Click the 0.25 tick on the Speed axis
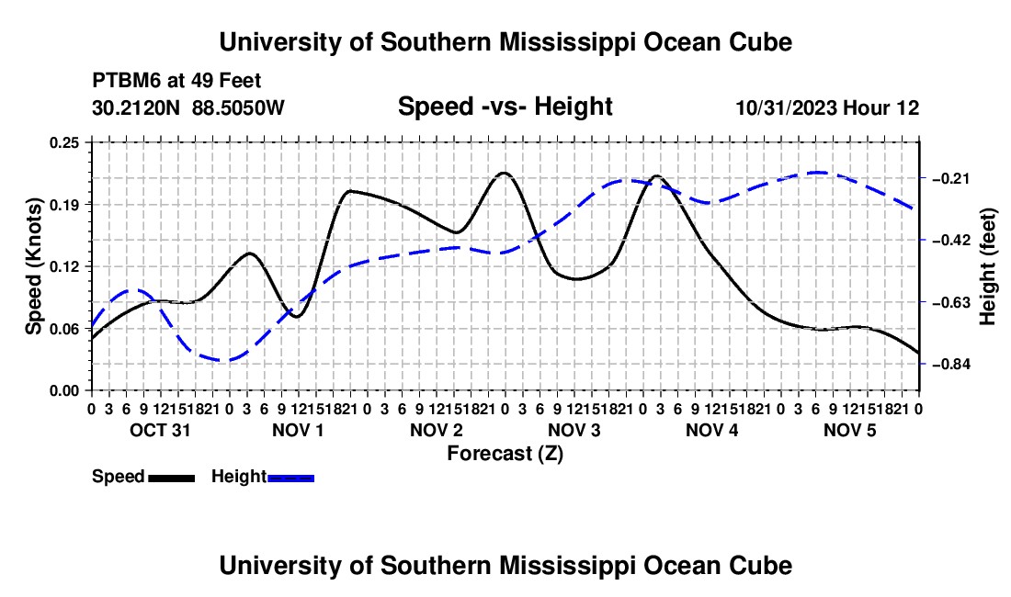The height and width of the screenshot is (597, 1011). [x=63, y=142]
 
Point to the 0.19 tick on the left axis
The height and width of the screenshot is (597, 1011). [x=63, y=205]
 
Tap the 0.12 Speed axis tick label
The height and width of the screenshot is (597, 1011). [x=63, y=266]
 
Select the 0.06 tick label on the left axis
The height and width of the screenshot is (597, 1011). [x=63, y=329]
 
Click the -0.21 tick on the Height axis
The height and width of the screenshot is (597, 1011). [x=951, y=178]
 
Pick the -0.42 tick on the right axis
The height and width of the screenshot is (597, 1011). [x=951, y=241]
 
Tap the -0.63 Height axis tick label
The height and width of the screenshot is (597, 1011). [x=951, y=302]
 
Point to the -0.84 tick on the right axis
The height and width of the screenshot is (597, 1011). [x=951, y=365]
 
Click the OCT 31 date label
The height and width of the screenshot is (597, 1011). [x=161, y=430]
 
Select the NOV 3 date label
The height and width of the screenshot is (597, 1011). [x=574, y=430]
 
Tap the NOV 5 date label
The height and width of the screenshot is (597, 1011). [x=850, y=430]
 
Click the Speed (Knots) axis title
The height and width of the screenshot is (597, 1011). [x=34, y=266]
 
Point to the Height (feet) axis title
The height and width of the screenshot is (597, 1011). [x=988, y=266]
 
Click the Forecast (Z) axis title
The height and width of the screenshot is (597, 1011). [x=505, y=454]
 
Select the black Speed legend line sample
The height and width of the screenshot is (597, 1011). [x=172, y=479]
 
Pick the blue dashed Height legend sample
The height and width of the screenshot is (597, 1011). [x=290, y=479]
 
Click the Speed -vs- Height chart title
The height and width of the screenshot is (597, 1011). [x=505, y=107]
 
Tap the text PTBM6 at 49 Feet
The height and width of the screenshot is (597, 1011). [x=176, y=81]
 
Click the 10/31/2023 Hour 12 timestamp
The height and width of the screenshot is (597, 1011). [x=828, y=108]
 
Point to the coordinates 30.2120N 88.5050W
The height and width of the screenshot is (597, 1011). [x=188, y=108]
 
